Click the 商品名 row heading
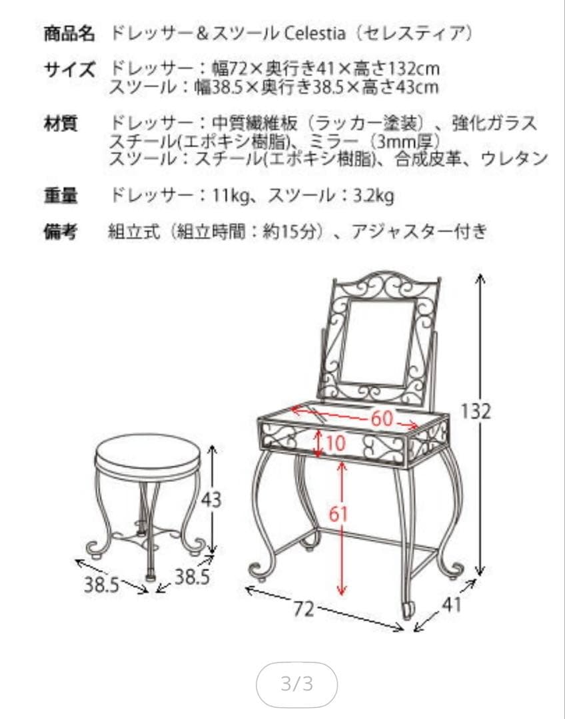pos(69,33)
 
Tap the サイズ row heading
pos(69,69)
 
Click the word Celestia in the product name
pos(314,33)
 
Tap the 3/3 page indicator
pos(297,684)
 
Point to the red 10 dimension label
pos(336,443)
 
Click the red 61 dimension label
pos(340,515)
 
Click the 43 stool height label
pos(212,499)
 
